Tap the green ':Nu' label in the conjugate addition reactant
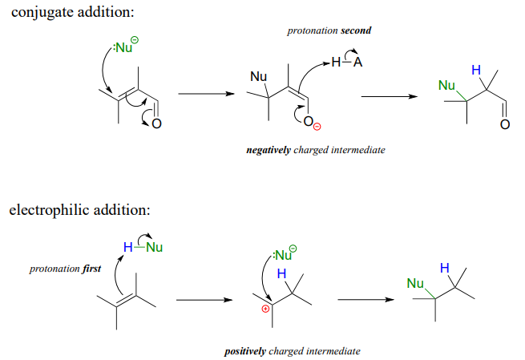coord(124,48)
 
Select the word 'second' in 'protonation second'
coord(355,30)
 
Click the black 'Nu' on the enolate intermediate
coord(258,77)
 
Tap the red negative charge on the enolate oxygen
coord(317,127)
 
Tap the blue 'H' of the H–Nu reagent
coord(127,246)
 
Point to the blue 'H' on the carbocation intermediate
coord(281,274)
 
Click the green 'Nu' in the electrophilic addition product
coord(415,283)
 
